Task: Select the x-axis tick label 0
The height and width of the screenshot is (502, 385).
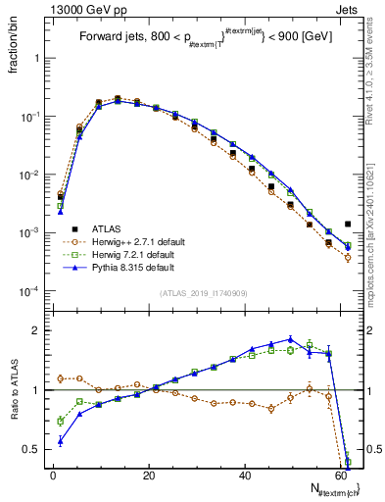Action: tap(53, 476)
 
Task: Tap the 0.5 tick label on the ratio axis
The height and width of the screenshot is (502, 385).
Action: tap(32, 449)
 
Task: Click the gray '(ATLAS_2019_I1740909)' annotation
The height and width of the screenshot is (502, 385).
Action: tap(203, 293)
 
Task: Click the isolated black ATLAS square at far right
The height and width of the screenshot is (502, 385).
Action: tap(348, 224)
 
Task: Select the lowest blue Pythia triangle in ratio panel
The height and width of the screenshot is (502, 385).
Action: tap(61, 441)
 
